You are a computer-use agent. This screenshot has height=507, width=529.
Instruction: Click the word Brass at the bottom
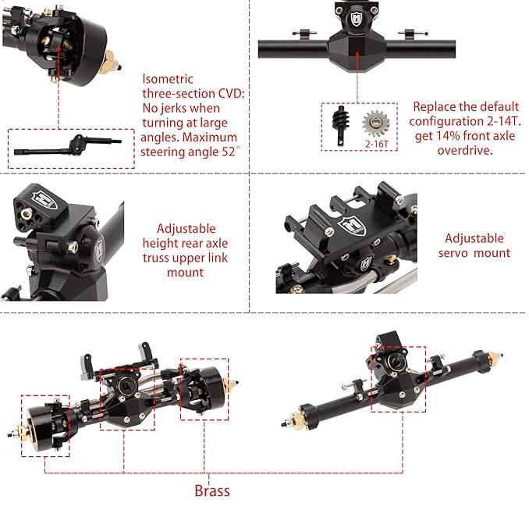click(x=212, y=491)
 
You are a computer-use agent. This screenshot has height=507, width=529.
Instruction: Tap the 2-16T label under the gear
click(x=376, y=144)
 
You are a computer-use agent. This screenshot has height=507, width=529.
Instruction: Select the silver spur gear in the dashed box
click(x=376, y=123)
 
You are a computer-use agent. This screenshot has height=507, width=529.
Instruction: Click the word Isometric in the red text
click(x=168, y=79)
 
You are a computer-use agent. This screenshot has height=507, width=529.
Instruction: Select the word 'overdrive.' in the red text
click(x=467, y=150)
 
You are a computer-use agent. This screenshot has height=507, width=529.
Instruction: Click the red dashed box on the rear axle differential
click(x=398, y=378)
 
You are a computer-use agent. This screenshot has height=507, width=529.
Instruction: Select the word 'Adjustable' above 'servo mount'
click(x=474, y=238)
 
